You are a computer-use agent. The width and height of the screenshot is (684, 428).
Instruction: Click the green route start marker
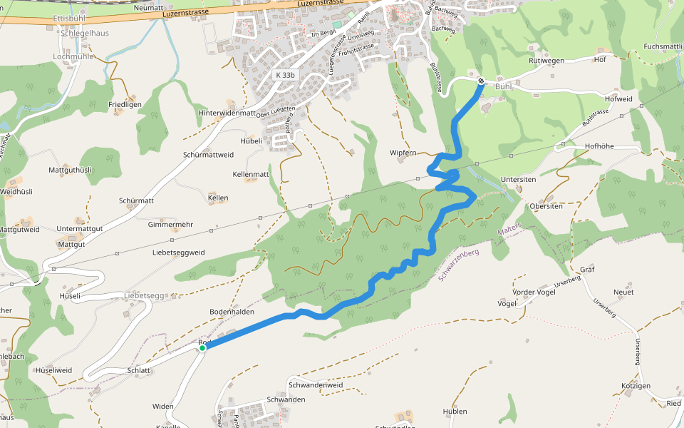coord(202,348)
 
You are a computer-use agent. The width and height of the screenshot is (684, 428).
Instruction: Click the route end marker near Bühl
coord(481,81)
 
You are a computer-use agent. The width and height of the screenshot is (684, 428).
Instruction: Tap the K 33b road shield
coord(285,75)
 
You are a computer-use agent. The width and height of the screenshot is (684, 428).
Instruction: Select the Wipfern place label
coord(403,153)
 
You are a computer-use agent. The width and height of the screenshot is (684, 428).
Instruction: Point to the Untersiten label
coord(518,180)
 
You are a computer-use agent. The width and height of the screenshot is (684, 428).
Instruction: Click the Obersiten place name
coord(546,206)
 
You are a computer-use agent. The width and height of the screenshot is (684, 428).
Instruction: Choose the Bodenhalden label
coord(232,312)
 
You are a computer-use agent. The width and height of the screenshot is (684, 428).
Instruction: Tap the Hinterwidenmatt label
coord(227,113)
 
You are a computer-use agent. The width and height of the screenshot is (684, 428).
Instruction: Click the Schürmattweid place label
coord(208,155)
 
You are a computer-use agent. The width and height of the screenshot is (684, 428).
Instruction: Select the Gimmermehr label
coord(170,225)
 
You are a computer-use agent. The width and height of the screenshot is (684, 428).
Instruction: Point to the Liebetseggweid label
coord(178,253)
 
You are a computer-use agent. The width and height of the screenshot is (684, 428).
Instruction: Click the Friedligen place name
coord(125,105)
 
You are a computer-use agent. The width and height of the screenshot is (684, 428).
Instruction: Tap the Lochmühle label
coord(73,56)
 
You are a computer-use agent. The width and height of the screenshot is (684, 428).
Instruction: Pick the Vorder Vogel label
coord(534,292)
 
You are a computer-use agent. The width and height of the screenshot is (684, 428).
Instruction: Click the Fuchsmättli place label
coord(663,46)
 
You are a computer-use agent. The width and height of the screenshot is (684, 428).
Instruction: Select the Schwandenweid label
coord(316,385)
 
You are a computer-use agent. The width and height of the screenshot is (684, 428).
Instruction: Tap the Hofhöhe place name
coord(599,146)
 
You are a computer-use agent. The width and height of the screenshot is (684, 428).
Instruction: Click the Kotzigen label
coord(636,386)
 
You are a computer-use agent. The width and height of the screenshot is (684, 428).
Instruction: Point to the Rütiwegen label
coord(546,61)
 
